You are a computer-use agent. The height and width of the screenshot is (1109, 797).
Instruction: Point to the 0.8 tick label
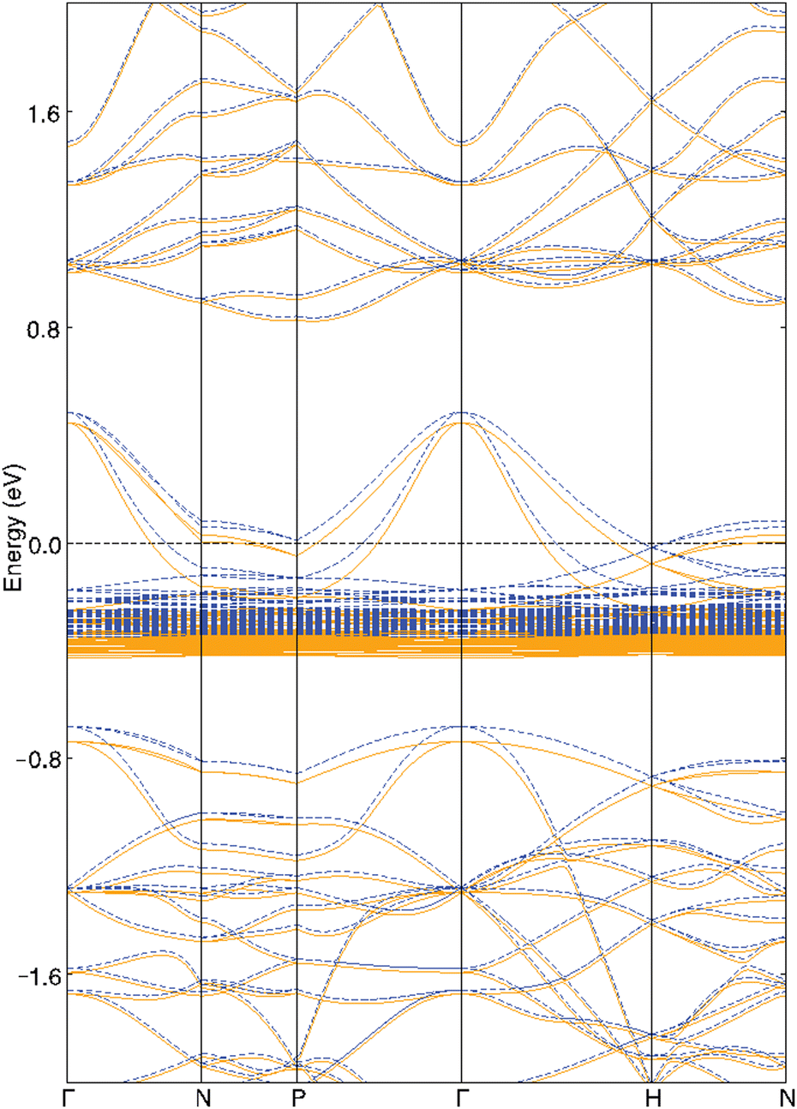pos(43,327)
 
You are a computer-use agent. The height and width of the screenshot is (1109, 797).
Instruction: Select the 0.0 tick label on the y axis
pos(43,543)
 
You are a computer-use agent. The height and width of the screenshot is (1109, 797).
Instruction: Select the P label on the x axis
pos(297,1098)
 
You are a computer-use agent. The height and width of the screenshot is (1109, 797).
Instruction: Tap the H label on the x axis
pos(652,1098)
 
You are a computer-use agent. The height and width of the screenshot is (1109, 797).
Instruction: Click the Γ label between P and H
pos(462,1098)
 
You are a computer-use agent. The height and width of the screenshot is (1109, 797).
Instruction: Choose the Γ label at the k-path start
pos(68,1098)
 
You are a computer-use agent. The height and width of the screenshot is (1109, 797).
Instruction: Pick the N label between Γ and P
pos(202,1098)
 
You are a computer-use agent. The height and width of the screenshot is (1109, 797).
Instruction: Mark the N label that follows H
pos(785,1098)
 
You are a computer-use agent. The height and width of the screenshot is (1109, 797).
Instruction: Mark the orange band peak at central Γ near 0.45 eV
pos(462,423)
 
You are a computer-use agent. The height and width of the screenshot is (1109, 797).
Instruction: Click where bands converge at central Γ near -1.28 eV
pos(462,889)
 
